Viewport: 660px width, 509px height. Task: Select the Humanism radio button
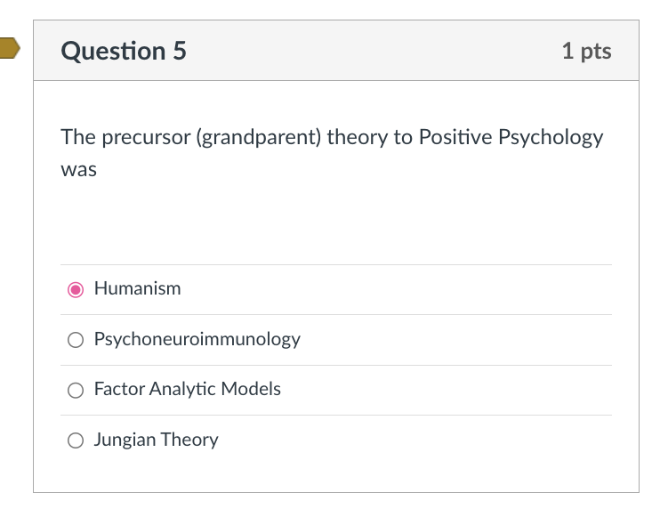click(76, 289)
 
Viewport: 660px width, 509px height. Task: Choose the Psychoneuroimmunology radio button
click(76, 340)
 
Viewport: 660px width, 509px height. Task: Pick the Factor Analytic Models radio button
click(76, 390)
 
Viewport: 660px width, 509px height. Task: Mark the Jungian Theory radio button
click(76, 440)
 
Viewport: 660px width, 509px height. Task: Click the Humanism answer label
click(137, 288)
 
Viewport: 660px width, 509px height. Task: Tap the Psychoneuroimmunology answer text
click(197, 339)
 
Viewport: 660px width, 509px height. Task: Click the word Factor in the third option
click(119, 389)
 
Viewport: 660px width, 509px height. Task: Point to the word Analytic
click(182, 389)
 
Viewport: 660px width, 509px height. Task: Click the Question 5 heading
click(124, 51)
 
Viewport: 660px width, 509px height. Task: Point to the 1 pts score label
click(586, 51)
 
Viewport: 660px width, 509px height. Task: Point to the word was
click(78, 169)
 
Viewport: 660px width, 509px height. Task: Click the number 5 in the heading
click(179, 51)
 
